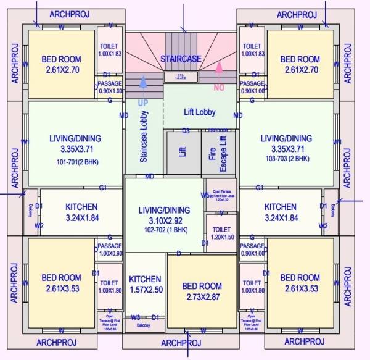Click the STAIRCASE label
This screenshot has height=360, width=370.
click(181, 58)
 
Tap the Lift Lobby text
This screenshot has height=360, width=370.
click(199, 112)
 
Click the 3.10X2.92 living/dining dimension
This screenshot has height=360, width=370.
click(163, 220)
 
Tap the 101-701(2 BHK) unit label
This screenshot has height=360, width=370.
click(75, 162)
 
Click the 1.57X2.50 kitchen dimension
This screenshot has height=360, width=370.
click(145, 290)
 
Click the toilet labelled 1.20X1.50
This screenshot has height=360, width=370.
click(222, 232)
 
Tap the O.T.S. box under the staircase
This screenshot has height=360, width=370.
click(180, 77)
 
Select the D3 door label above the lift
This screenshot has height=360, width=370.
click(186, 131)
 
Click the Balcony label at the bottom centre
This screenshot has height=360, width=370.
click(143, 325)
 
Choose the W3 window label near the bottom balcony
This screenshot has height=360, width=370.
click(135, 317)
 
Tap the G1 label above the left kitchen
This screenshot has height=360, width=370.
click(103, 187)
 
